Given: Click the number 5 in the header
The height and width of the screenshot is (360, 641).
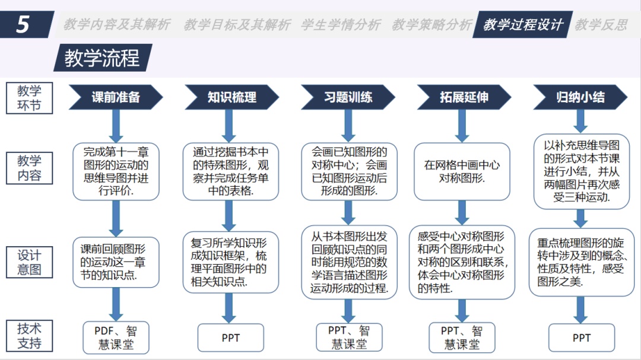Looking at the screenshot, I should pyautogui.click(x=23, y=24).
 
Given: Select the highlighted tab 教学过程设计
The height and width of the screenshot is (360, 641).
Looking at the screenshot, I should pyautogui.click(x=522, y=25).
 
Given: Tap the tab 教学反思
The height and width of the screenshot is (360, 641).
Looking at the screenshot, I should pyautogui.click(x=601, y=25).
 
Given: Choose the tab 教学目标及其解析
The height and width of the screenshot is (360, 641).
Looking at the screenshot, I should pyautogui.click(x=237, y=25).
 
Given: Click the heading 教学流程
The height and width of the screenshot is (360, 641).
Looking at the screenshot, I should pyautogui.click(x=101, y=58).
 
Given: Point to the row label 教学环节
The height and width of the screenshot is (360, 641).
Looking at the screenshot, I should pyautogui.click(x=29, y=98).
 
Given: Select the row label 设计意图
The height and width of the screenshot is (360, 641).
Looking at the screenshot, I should pyautogui.click(x=29, y=262).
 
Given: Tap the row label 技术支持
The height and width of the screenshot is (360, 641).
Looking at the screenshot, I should pyautogui.click(x=29, y=336).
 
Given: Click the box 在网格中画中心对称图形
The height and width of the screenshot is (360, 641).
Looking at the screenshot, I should pyautogui.click(x=462, y=171).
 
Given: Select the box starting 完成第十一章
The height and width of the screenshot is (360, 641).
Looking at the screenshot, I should pyautogui.click(x=116, y=171).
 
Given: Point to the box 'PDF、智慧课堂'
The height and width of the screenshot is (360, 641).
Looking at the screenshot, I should pyautogui.click(x=116, y=337).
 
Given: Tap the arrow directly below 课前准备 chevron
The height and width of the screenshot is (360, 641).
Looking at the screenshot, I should pyautogui.click(x=116, y=126).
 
